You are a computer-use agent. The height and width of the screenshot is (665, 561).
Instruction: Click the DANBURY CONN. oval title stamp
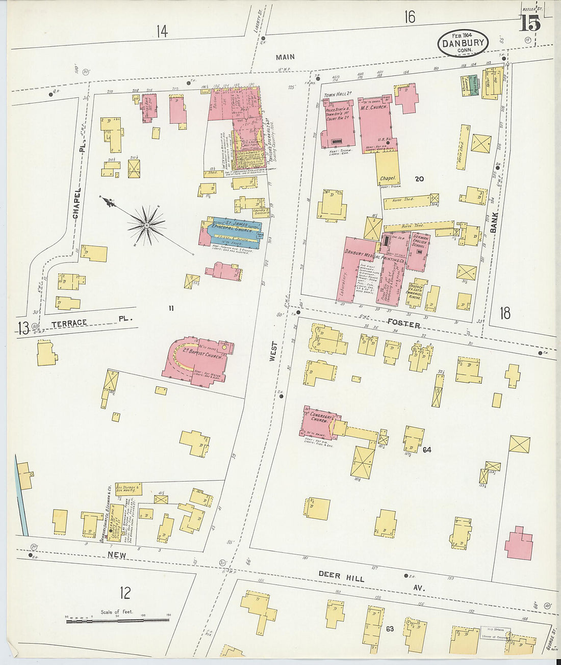(x=463, y=44)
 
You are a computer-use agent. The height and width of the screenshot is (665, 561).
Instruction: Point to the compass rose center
(x=146, y=224)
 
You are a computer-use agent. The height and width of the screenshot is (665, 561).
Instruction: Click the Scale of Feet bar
(x=118, y=620)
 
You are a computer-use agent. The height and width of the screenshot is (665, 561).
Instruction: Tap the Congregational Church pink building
(x=318, y=421)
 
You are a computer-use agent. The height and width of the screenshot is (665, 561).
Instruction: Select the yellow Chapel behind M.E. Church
(x=388, y=168)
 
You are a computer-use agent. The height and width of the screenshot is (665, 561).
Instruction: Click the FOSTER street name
(x=403, y=324)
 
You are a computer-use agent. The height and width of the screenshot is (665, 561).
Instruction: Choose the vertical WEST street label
(x=273, y=352)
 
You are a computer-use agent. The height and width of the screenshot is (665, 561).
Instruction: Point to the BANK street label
(x=493, y=223)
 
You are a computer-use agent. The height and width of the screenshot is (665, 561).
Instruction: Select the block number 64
(x=427, y=449)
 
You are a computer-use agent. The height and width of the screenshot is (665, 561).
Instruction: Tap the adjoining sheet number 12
(x=125, y=593)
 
